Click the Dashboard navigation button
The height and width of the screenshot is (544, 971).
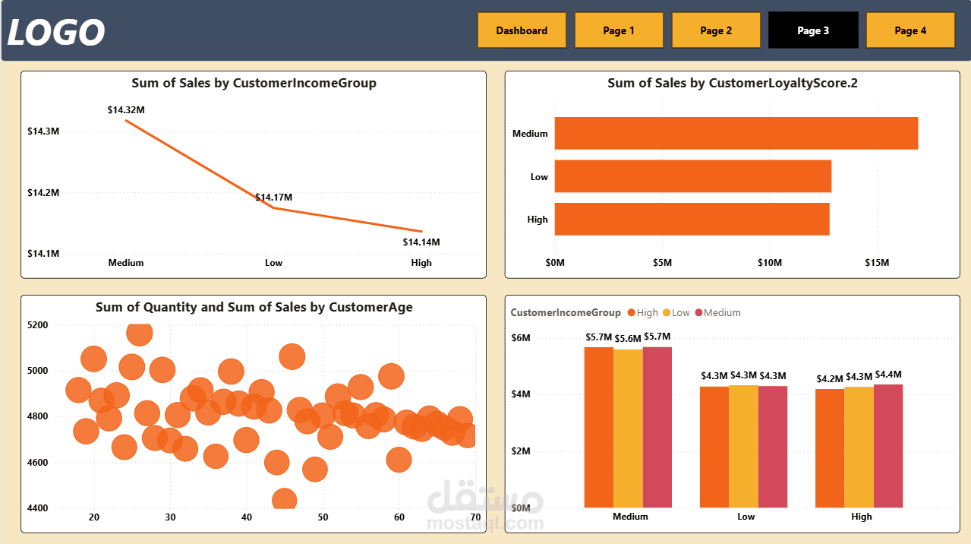(522, 30)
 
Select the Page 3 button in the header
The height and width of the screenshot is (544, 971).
(813, 30)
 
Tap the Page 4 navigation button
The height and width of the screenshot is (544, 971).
(910, 30)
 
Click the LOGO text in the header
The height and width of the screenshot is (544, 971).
(56, 33)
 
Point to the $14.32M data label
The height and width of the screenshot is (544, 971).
(126, 110)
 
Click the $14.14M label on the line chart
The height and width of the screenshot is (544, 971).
(421, 242)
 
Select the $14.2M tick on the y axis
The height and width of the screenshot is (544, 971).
(43, 193)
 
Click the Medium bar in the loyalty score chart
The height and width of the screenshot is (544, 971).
(736, 134)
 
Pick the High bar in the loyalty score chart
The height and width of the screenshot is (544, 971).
(692, 219)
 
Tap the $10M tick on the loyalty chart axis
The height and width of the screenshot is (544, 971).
(770, 263)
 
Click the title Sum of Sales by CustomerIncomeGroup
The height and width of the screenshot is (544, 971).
(254, 83)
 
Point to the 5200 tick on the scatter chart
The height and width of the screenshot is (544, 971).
(37, 325)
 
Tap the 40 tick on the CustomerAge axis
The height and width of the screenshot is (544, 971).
(247, 517)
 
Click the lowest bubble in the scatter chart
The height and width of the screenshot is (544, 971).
(284, 501)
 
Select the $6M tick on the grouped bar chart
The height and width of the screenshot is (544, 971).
(521, 337)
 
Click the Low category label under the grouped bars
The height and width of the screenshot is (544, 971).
(746, 517)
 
